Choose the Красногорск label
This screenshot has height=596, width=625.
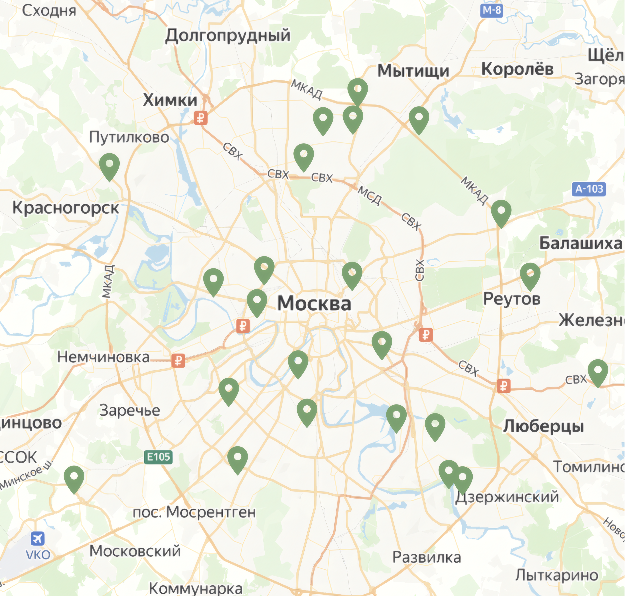[66, 208]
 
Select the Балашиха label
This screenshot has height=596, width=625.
[581, 243]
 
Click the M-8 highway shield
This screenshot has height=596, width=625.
[492, 10]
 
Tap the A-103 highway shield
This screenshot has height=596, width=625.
[589, 189]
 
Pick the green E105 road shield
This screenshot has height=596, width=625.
[158, 457]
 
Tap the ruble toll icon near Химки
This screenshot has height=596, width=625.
[201, 118]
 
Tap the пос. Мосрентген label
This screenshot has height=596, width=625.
[194, 512]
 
